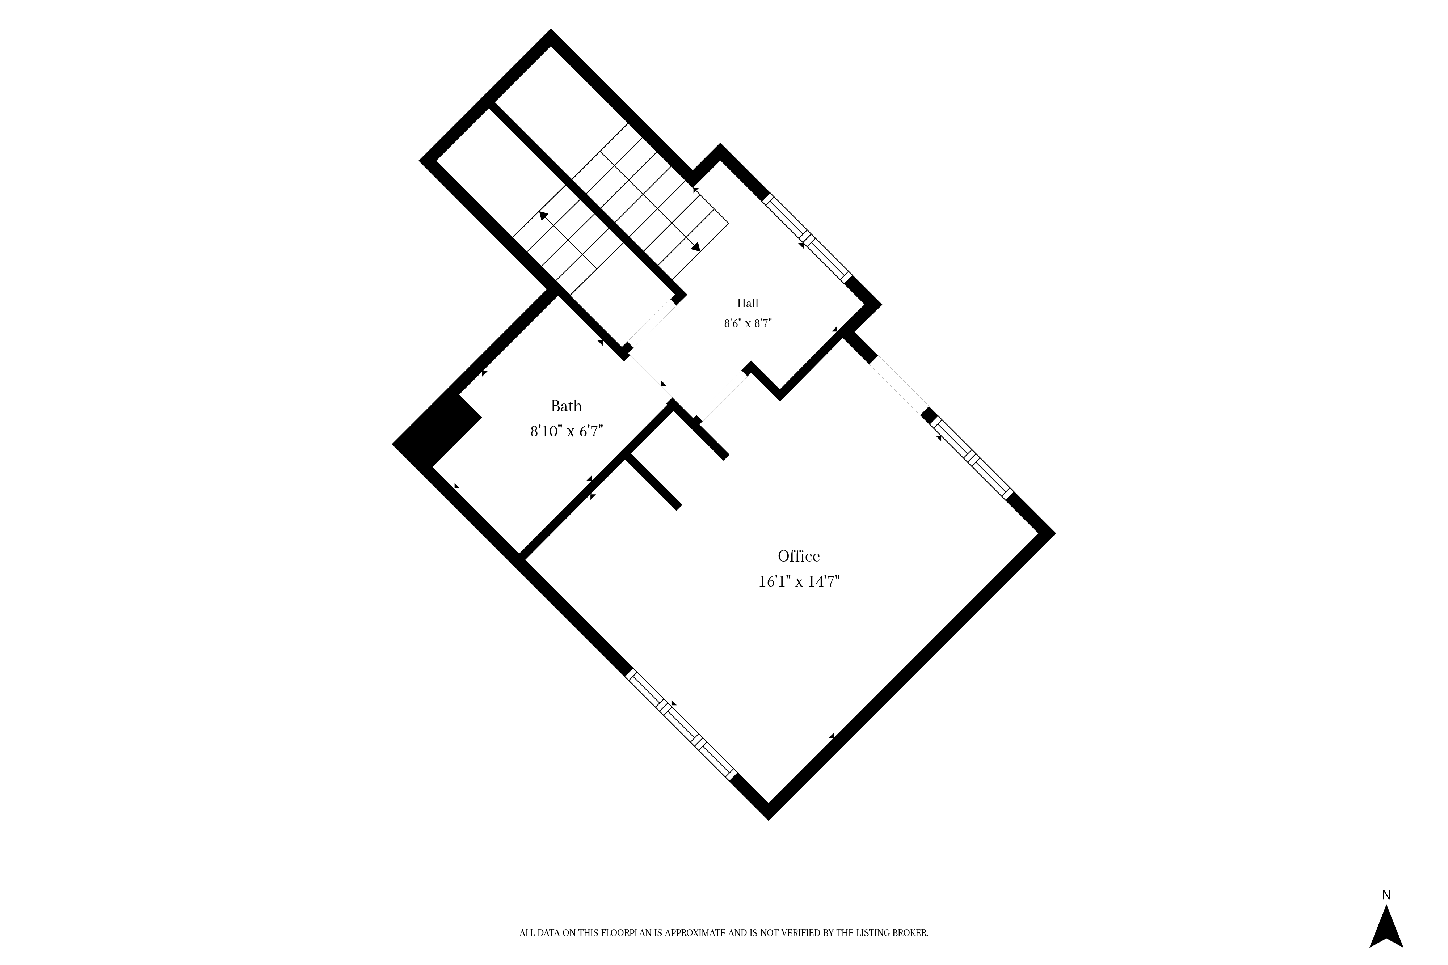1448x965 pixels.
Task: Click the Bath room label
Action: coord(566,406)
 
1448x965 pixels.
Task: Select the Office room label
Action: coord(799,556)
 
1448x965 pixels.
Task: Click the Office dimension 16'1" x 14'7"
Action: coord(799,581)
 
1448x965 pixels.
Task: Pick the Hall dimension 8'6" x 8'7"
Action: coord(748,323)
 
